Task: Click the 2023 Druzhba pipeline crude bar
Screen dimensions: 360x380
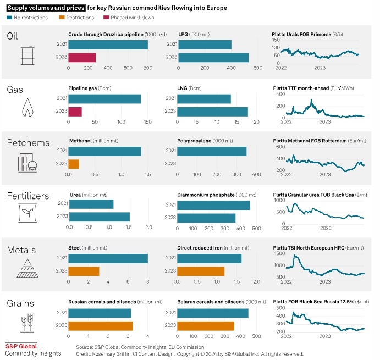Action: click(82, 57)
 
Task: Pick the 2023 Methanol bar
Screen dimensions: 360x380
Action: click(74, 164)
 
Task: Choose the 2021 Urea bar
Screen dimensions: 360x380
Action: click(91, 204)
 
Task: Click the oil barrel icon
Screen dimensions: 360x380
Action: click(28, 56)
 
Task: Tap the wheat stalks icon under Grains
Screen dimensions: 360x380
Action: click(27, 323)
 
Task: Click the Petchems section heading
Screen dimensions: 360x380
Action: click(29, 143)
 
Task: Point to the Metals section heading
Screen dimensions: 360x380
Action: click(21, 250)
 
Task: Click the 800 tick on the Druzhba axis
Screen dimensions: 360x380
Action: click(147, 68)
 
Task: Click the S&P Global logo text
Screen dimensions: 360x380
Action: click(21, 346)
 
